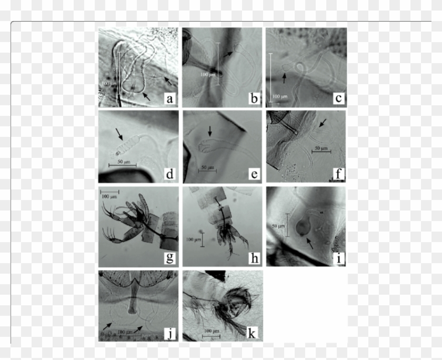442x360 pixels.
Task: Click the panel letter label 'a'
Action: click(x=170, y=98)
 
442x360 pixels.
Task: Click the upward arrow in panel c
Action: click(x=284, y=78)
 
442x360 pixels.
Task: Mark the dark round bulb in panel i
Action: click(x=302, y=227)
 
